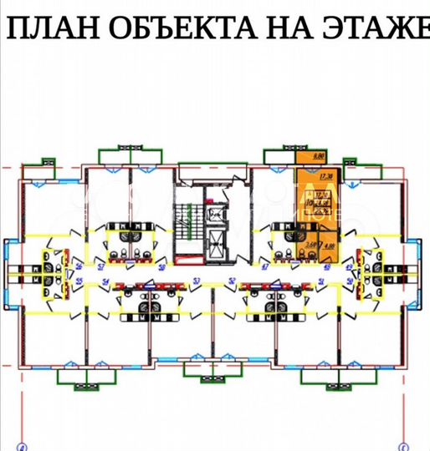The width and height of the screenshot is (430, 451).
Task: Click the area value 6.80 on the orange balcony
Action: (x=318, y=155)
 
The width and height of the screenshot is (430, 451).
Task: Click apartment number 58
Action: (x=161, y=266)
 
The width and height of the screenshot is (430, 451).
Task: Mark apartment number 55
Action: (x=79, y=282)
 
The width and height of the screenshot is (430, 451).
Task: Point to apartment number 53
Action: (x=197, y=281)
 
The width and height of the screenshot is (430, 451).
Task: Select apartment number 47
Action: (x=265, y=266)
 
